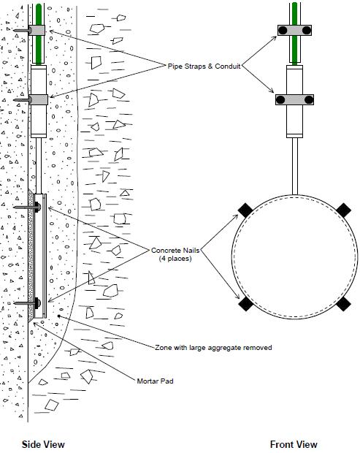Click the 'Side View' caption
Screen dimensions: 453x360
pos(43,444)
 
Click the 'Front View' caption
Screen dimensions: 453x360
pos(294,444)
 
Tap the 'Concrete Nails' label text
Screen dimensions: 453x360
pos(175,251)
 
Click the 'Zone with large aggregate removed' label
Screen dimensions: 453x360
pos(213,348)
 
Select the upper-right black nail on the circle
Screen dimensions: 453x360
pos(343,210)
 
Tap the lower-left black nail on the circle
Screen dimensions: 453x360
pos(246,302)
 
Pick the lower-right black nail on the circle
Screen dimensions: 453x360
pos(343,302)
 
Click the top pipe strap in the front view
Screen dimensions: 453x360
pos(295,30)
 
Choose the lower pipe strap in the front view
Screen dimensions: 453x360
pos(295,99)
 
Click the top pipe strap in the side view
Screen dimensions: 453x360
pos(38,31)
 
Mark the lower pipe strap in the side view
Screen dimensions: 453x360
pos(38,99)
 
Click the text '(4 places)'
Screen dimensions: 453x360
pos(175,260)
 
